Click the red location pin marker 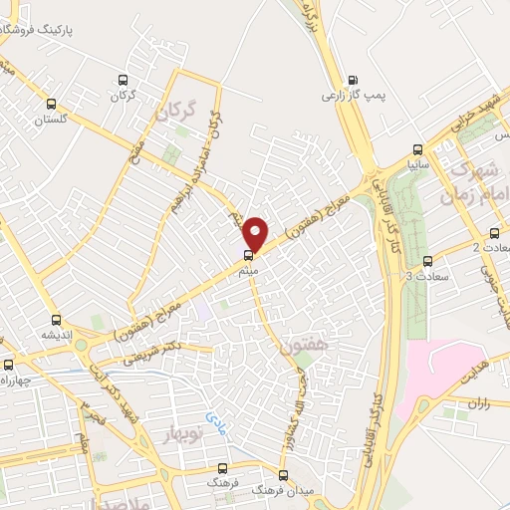point(255,233)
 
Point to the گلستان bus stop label point(50,120)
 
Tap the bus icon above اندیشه point(55,321)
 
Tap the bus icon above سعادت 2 point(494,233)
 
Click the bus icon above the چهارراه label point(8,366)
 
